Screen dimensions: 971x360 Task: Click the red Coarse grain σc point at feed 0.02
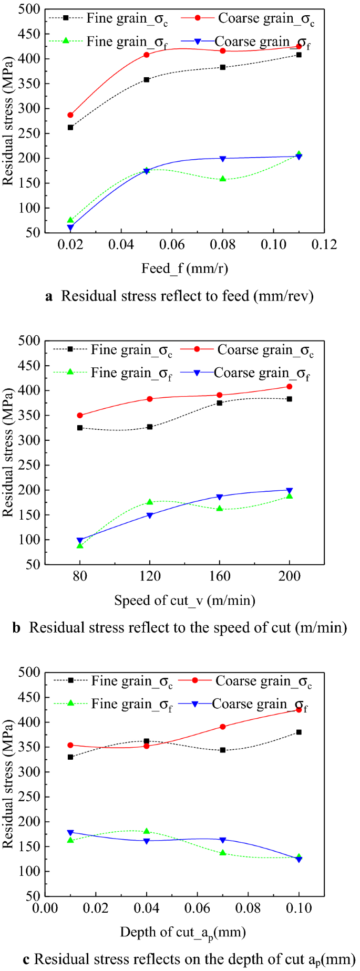[x=70, y=115]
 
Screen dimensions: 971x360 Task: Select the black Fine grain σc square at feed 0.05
[x=147, y=80]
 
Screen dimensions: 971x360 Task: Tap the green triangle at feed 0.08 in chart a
[x=223, y=179]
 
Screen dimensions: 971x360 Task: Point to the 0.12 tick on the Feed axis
[x=324, y=245]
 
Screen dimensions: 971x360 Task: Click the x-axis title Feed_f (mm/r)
[x=184, y=268]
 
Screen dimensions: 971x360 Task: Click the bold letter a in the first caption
[x=49, y=296]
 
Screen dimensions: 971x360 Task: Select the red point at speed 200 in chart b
[x=289, y=387]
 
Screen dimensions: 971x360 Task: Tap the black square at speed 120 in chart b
[x=150, y=427]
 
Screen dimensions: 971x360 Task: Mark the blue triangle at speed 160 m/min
[x=220, y=497]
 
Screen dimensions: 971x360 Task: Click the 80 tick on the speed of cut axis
[x=80, y=576]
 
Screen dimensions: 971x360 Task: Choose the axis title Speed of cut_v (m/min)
[x=184, y=600]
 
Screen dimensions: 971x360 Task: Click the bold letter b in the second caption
[x=16, y=628]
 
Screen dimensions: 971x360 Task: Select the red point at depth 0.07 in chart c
[x=223, y=727]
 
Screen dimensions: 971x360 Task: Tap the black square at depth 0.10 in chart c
[x=299, y=732]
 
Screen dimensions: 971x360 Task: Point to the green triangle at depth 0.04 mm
[x=147, y=831]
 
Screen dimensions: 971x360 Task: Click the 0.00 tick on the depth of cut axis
[x=45, y=908]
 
